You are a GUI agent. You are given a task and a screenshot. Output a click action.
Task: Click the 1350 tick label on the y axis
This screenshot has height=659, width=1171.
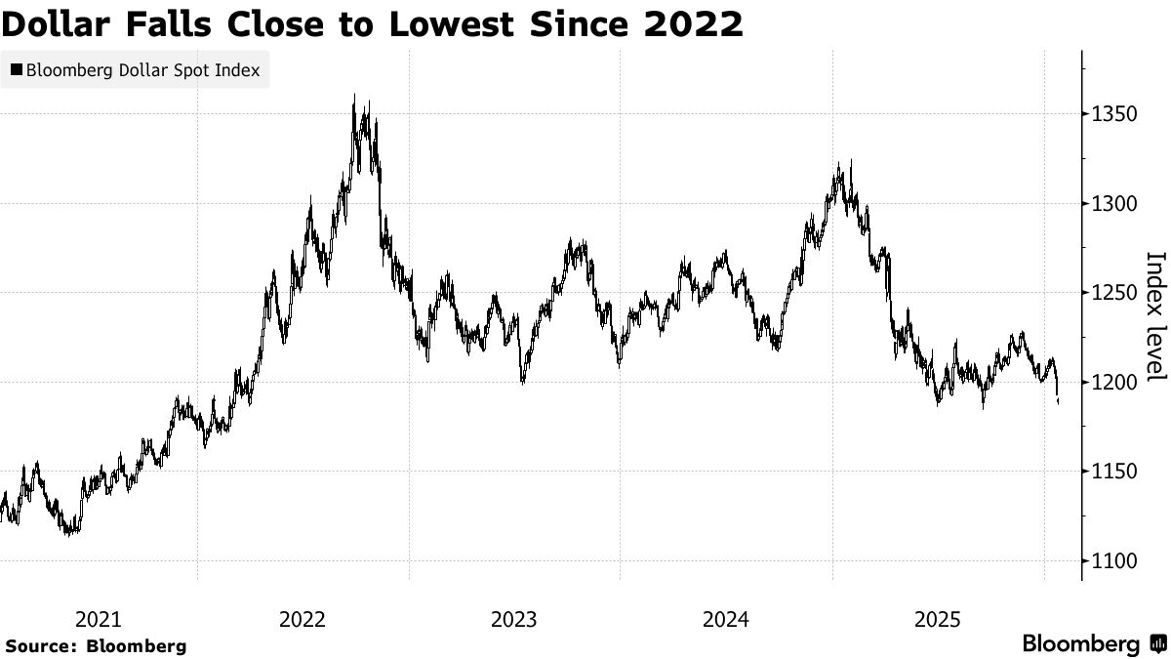pos(1115,114)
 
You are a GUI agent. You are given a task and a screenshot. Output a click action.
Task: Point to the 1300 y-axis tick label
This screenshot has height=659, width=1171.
pos(1115,204)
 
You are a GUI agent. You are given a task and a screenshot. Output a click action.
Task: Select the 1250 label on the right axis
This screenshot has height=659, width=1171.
pos(1115,293)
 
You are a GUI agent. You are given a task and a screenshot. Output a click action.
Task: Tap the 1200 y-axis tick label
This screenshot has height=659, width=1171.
pos(1115,382)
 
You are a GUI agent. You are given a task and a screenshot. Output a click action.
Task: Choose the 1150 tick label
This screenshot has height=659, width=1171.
pos(1115,472)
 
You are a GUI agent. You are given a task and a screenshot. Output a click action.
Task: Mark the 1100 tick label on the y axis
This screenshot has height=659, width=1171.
pos(1115,560)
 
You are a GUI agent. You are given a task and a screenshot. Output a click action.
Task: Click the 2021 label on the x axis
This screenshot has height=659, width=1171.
pos(98,619)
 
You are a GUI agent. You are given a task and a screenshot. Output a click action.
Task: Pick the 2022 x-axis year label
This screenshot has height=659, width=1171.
pos(303,619)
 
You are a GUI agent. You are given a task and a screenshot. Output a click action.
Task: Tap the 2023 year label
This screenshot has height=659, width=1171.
pos(514,619)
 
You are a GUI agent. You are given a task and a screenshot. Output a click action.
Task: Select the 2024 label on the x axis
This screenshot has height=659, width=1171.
pos(726,619)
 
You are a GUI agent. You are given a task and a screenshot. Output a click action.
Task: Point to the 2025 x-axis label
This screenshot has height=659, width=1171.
pos(938,619)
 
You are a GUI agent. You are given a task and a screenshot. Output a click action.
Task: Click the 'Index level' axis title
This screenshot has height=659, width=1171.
pos(1155,316)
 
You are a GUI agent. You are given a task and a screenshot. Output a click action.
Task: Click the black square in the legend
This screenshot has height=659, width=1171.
pos(16,70)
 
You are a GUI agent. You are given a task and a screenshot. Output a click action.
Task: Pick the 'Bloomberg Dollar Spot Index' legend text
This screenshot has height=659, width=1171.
pos(142,70)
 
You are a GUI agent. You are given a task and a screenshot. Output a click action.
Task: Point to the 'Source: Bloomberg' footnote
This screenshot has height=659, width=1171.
pos(95,645)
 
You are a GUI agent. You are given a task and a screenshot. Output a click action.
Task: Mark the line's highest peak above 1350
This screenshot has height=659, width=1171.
pos(353,96)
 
